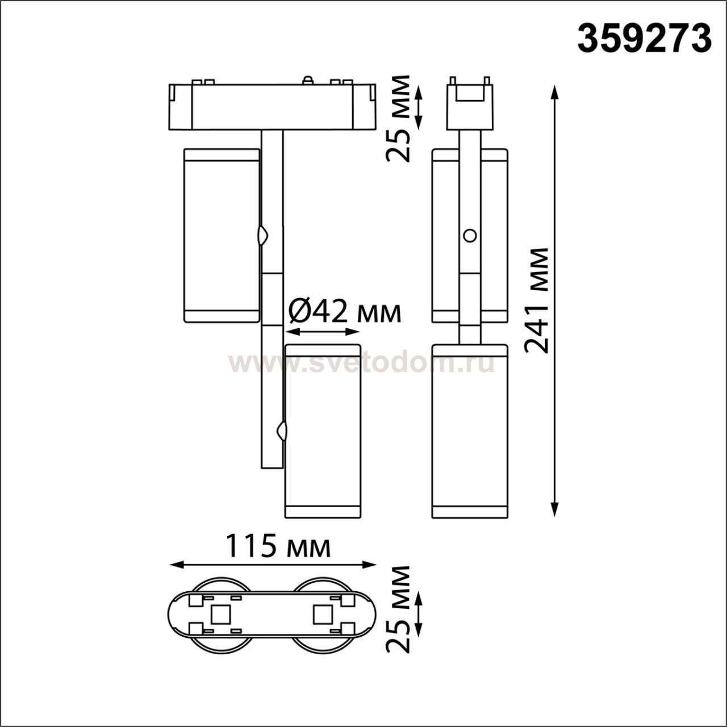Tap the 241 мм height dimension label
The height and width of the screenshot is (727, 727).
coord(537,301)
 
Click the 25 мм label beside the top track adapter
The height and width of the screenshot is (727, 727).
coord(398,119)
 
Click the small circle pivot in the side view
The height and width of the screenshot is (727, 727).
coord(470,235)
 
